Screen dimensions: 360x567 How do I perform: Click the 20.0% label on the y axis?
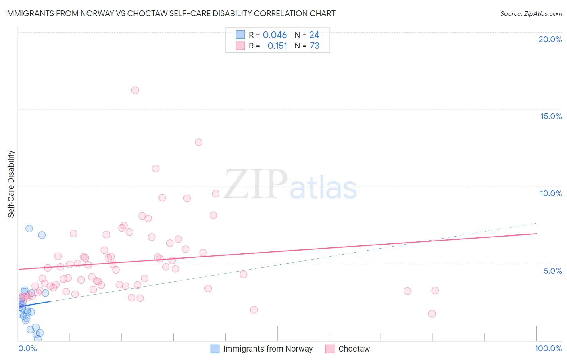550,39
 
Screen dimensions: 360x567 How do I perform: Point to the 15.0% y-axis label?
551,116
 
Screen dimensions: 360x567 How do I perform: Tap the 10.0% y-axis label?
551,193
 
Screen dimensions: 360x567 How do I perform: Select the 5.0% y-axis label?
552,271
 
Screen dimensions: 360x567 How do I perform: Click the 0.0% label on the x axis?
27,348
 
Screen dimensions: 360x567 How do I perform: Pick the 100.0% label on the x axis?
548,348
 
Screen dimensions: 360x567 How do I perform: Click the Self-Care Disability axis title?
11,184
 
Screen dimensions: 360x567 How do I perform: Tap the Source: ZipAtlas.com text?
531,13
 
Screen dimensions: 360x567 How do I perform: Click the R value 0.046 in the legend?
275,35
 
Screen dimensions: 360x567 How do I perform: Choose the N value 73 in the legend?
315,46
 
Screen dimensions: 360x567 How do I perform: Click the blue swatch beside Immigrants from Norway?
215,349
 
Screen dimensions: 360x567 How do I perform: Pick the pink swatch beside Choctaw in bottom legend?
330,349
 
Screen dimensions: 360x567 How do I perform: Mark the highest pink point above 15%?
135,90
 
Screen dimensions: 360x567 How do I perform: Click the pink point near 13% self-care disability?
198,142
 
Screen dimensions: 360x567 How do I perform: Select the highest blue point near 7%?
29,228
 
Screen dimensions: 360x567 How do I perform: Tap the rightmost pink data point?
435,291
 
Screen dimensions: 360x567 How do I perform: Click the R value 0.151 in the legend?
277,46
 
